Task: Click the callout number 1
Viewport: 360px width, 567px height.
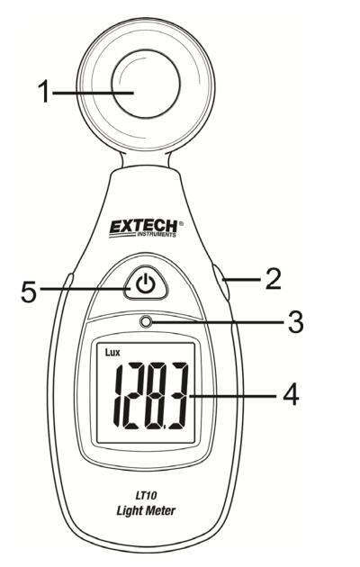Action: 44,92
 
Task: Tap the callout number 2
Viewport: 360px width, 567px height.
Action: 274,279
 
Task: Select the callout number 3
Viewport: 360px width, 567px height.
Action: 295,322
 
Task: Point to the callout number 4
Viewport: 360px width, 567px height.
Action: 291,395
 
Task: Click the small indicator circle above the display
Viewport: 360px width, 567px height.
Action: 146,321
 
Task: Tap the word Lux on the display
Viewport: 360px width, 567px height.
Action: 112,352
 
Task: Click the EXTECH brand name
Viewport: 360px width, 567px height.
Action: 143,227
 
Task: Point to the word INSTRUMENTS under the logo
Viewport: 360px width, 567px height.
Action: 156,235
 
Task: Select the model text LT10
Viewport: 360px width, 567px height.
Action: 146,494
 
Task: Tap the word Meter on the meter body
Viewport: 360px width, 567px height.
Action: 161,510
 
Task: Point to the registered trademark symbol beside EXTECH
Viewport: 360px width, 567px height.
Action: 181,223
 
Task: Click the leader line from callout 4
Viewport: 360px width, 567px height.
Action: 233,396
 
